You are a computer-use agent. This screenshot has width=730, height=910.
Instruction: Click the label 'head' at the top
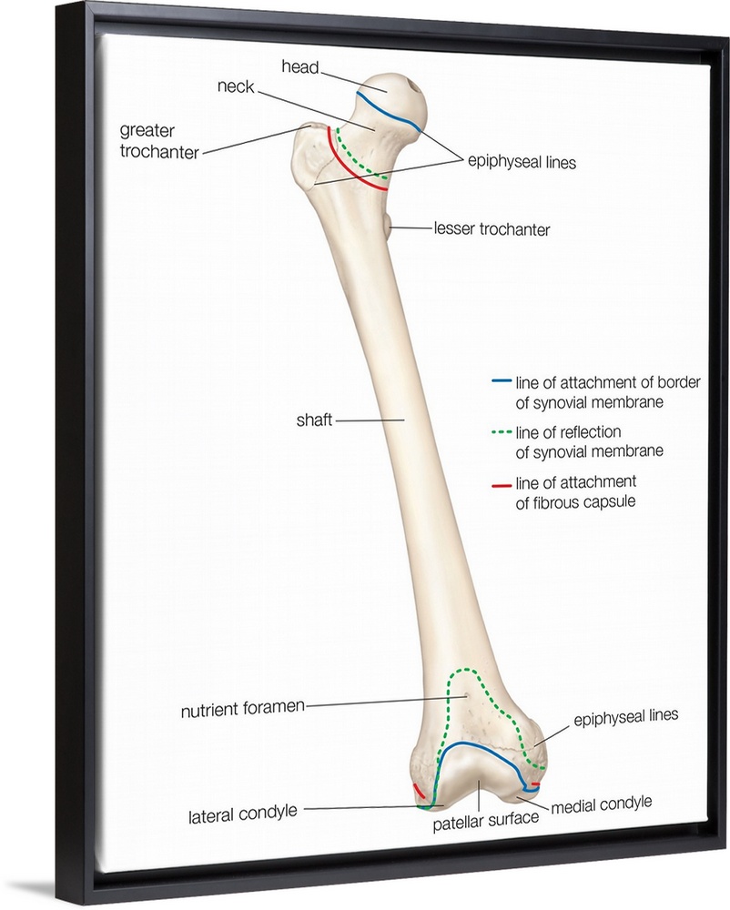coord(299,66)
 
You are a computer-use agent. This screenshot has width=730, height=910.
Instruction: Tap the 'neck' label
coord(236,88)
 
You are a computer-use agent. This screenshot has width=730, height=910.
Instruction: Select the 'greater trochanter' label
coord(159,140)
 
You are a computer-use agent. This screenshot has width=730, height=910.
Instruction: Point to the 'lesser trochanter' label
coord(492,229)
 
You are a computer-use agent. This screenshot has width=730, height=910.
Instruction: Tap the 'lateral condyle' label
coord(243,812)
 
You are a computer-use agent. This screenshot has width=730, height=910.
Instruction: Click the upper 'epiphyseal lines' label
coord(522,163)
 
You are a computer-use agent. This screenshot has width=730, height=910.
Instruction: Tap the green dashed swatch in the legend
coord(498,432)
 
